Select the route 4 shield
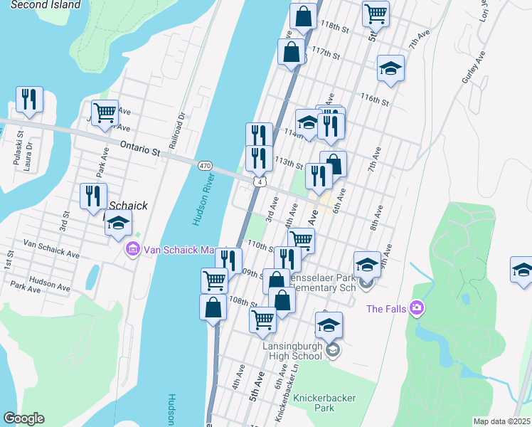(261, 182)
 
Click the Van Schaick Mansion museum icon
(132, 249)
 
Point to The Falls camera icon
(417, 308)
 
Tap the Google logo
(23, 418)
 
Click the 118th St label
(336, 31)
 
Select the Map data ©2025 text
(501, 421)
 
